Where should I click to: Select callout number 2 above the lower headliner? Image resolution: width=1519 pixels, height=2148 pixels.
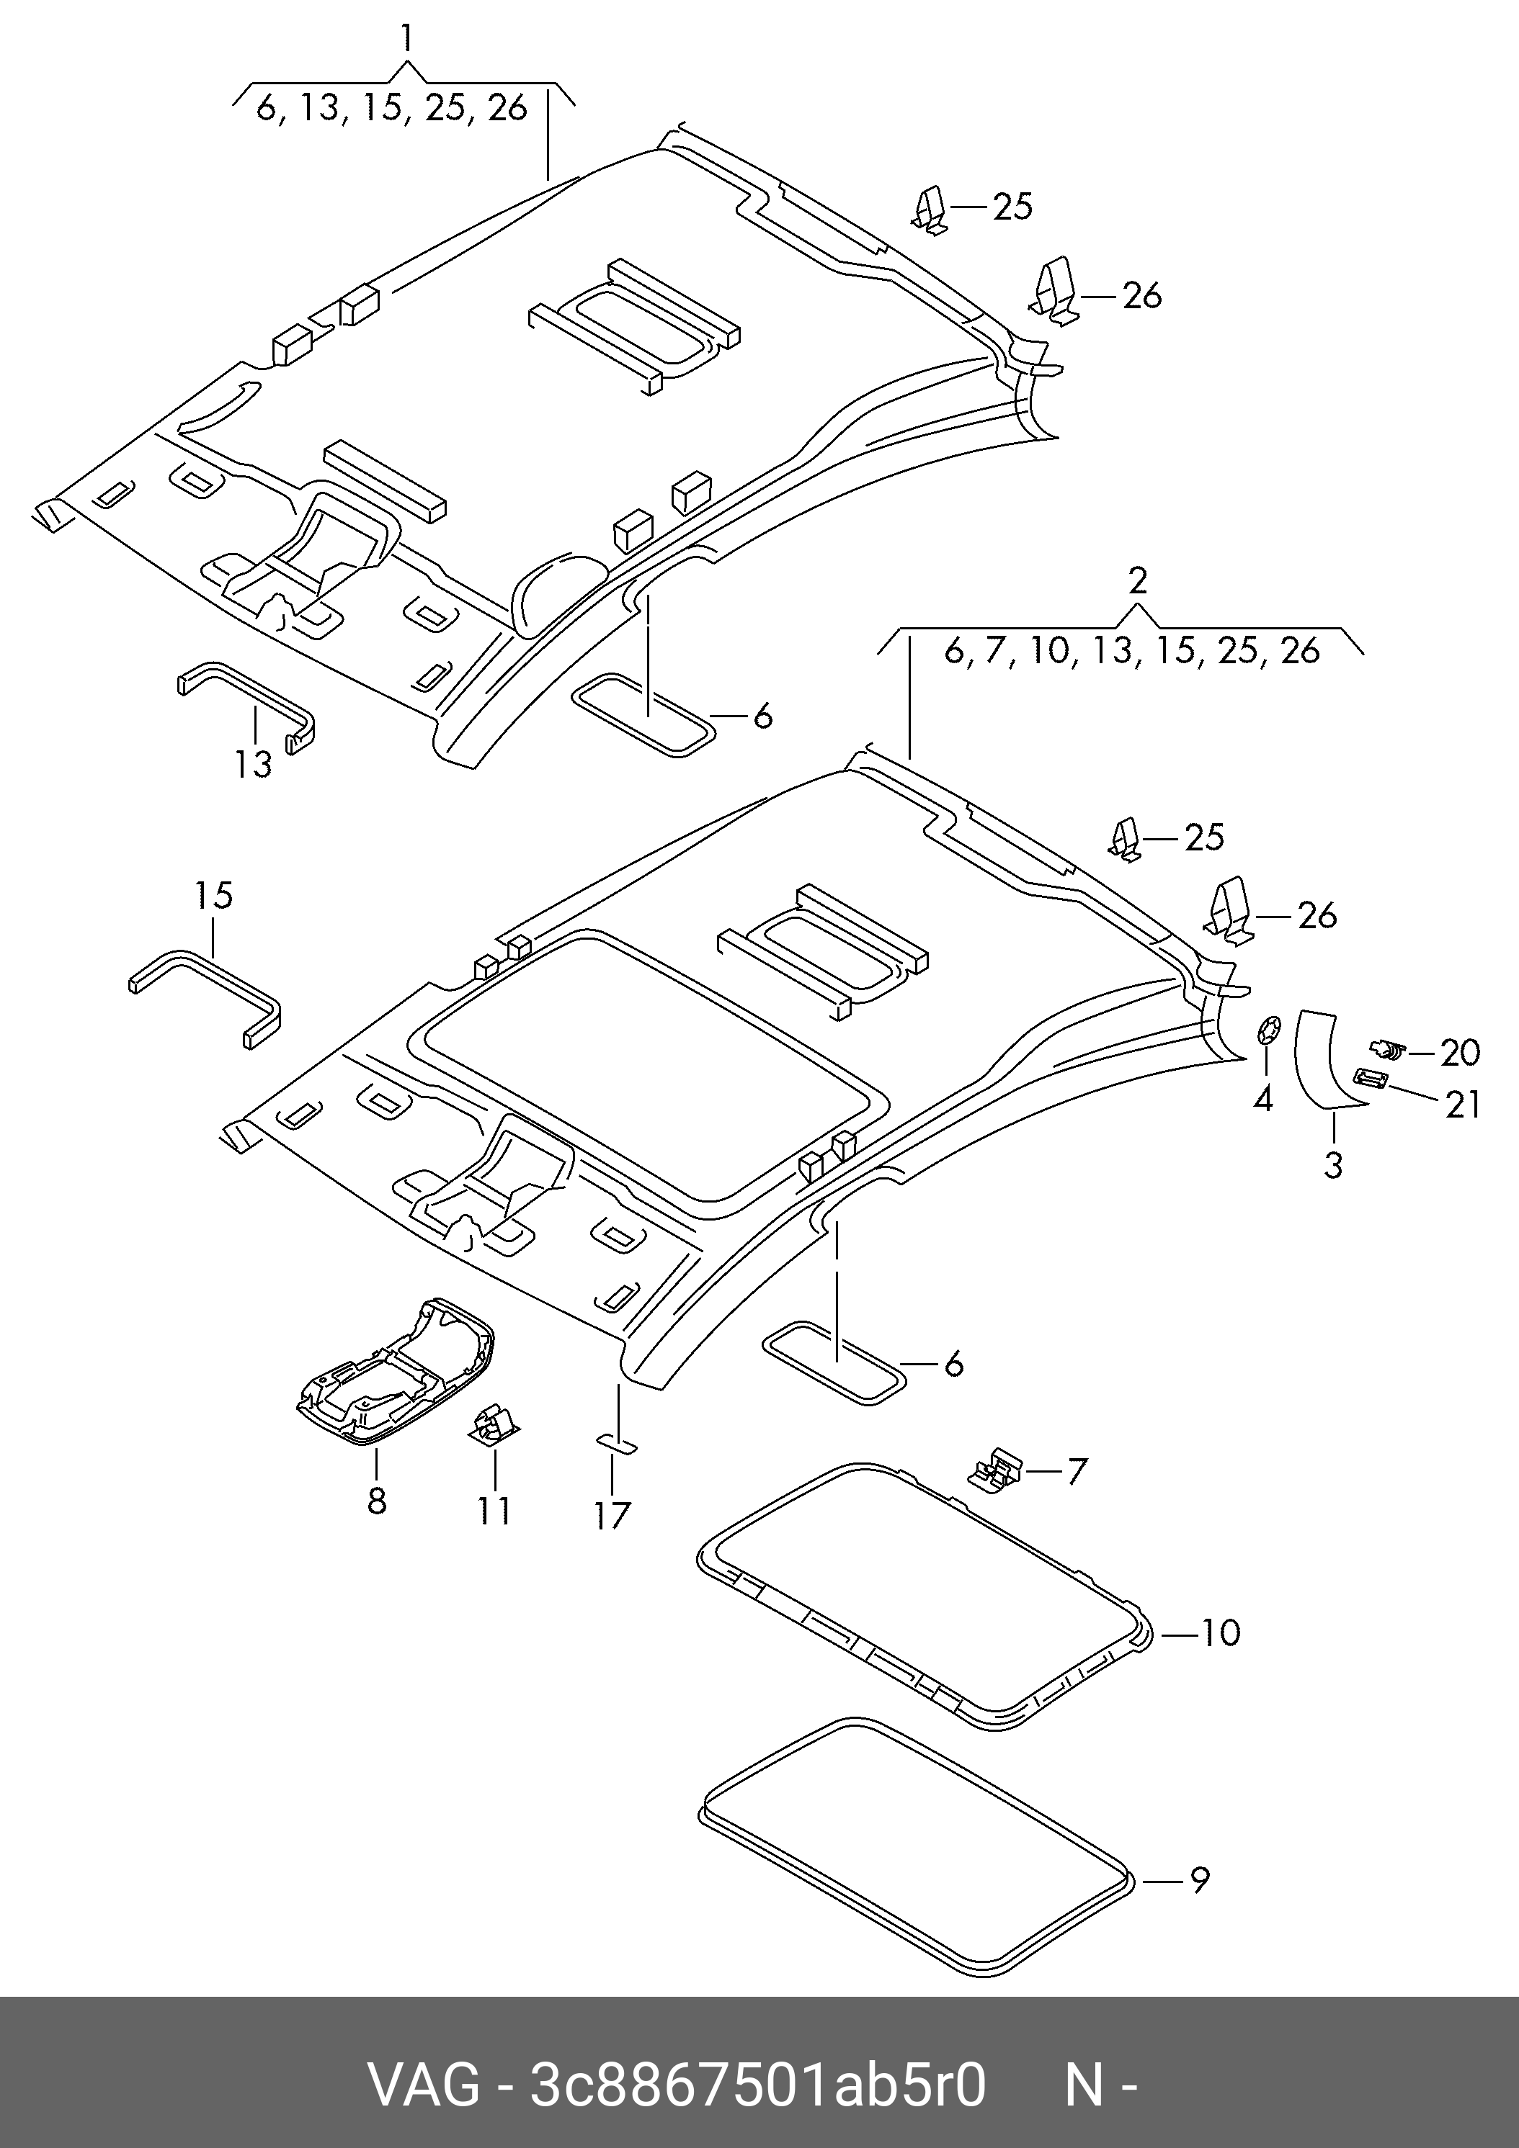click(1137, 581)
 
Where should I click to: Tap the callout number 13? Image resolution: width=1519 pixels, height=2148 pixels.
click(253, 764)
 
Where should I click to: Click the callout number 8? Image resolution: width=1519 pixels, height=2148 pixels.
click(376, 1501)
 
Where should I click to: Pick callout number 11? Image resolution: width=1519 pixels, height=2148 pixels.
click(494, 1510)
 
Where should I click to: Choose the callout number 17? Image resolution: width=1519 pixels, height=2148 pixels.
click(612, 1516)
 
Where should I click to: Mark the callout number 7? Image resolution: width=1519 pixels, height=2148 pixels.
click(1077, 1472)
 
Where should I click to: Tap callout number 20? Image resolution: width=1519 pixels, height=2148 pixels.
click(1460, 1053)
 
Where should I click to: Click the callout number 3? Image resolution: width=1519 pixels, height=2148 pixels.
click(1333, 1165)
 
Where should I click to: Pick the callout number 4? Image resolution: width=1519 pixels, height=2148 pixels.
click(1263, 1100)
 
